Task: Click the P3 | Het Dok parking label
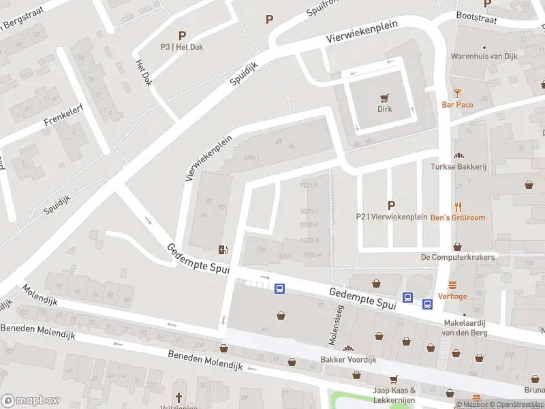pyautogui.click(x=182, y=47)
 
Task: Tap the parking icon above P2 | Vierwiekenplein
pyautogui.click(x=391, y=204)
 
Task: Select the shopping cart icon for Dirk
pyautogui.click(x=386, y=97)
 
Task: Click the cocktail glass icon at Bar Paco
pyautogui.click(x=457, y=93)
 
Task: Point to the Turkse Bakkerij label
pyautogui.click(x=457, y=166)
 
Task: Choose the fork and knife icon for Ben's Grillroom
pyautogui.click(x=458, y=207)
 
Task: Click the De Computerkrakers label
pyautogui.click(x=457, y=257)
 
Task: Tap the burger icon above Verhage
pyautogui.click(x=452, y=286)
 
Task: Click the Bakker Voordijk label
pyautogui.click(x=348, y=359)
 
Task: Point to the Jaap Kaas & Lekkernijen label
pyautogui.click(x=394, y=395)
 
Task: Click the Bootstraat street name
pyautogui.click(x=475, y=15)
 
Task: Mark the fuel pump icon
pyautogui.click(x=222, y=249)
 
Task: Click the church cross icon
pyautogui.click(x=179, y=397)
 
